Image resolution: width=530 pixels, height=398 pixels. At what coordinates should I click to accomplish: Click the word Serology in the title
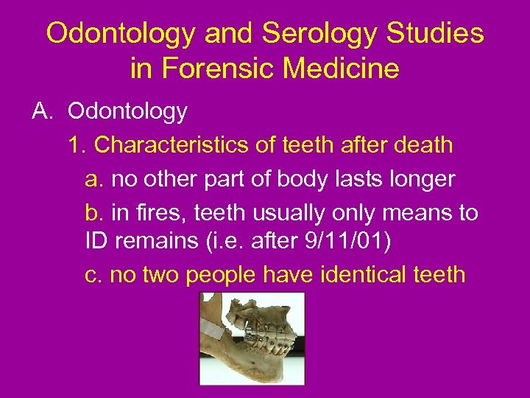point(306,33)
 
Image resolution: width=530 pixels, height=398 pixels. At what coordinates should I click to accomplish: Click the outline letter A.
point(40,111)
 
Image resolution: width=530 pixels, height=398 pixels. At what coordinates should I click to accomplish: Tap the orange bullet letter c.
point(93,275)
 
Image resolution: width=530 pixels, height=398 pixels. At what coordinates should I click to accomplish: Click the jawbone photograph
point(252,338)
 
